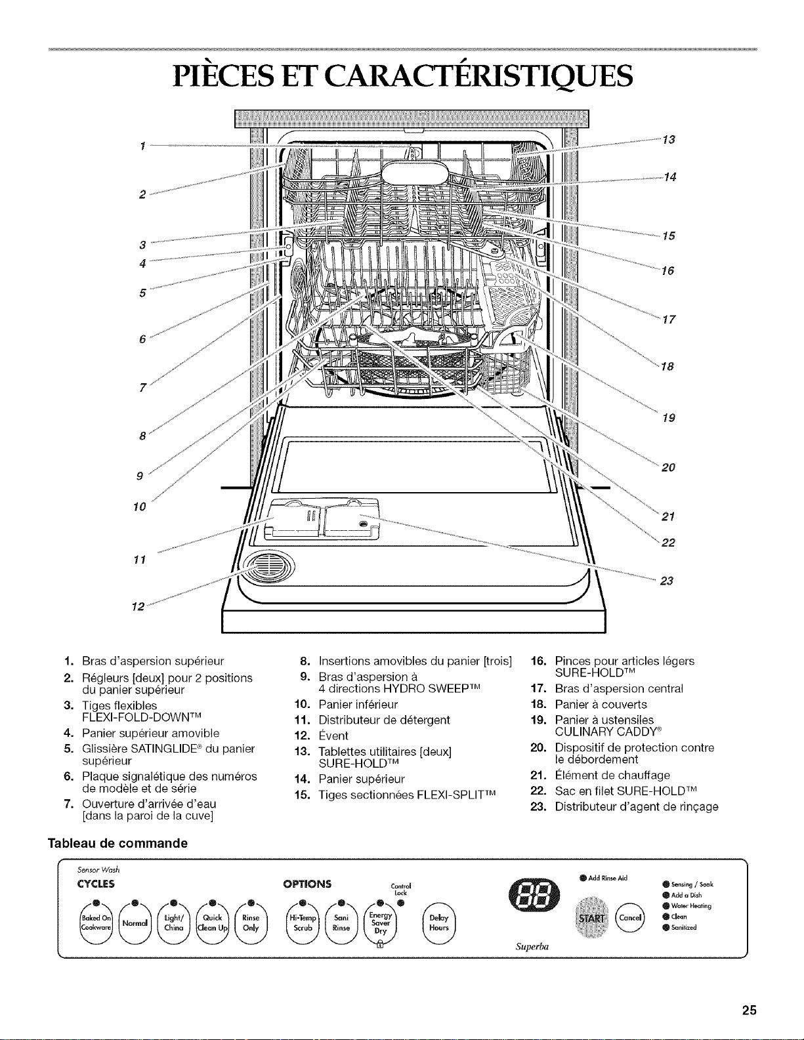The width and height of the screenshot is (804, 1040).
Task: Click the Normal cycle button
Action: click(x=135, y=923)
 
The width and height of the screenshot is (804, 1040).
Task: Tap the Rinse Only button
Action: click(x=250, y=923)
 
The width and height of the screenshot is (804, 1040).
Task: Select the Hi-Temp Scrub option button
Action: click(x=303, y=923)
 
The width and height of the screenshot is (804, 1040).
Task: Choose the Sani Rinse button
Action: click(x=341, y=923)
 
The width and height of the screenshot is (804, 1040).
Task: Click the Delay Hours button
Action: click(x=439, y=923)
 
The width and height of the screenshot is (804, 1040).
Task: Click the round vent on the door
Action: click(x=268, y=569)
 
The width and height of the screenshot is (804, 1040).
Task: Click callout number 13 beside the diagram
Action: click(x=669, y=140)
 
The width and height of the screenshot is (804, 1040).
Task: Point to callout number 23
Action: click(x=667, y=581)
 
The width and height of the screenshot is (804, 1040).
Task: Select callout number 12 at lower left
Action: click(x=138, y=607)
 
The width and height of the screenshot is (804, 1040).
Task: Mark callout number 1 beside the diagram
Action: click(x=142, y=146)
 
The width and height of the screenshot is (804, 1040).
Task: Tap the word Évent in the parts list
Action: click(x=333, y=736)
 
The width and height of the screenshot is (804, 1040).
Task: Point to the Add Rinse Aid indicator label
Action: click(x=608, y=878)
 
